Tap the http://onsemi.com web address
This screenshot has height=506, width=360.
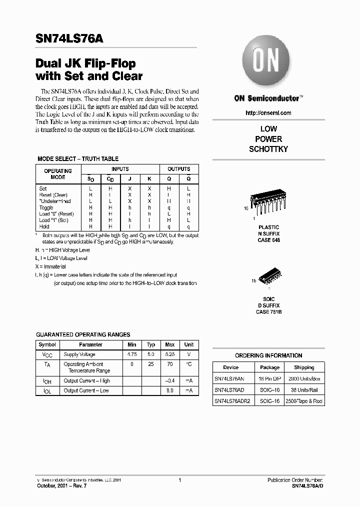(268, 113)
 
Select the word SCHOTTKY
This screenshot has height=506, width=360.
(268, 149)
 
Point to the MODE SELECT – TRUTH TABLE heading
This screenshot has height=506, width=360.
(78, 159)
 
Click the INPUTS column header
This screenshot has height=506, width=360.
(120, 169)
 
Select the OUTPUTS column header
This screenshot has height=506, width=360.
(178, 169)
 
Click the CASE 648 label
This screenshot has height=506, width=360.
(269, 240)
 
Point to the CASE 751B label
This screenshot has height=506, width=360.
(269, 311)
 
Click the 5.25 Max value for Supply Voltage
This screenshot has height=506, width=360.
(170, 354)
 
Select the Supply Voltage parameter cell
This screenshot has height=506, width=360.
(79, 354)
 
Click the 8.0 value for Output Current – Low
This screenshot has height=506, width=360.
(170, 390)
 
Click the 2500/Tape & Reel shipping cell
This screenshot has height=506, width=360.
(304, 401)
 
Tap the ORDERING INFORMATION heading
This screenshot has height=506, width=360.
(268, 355)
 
